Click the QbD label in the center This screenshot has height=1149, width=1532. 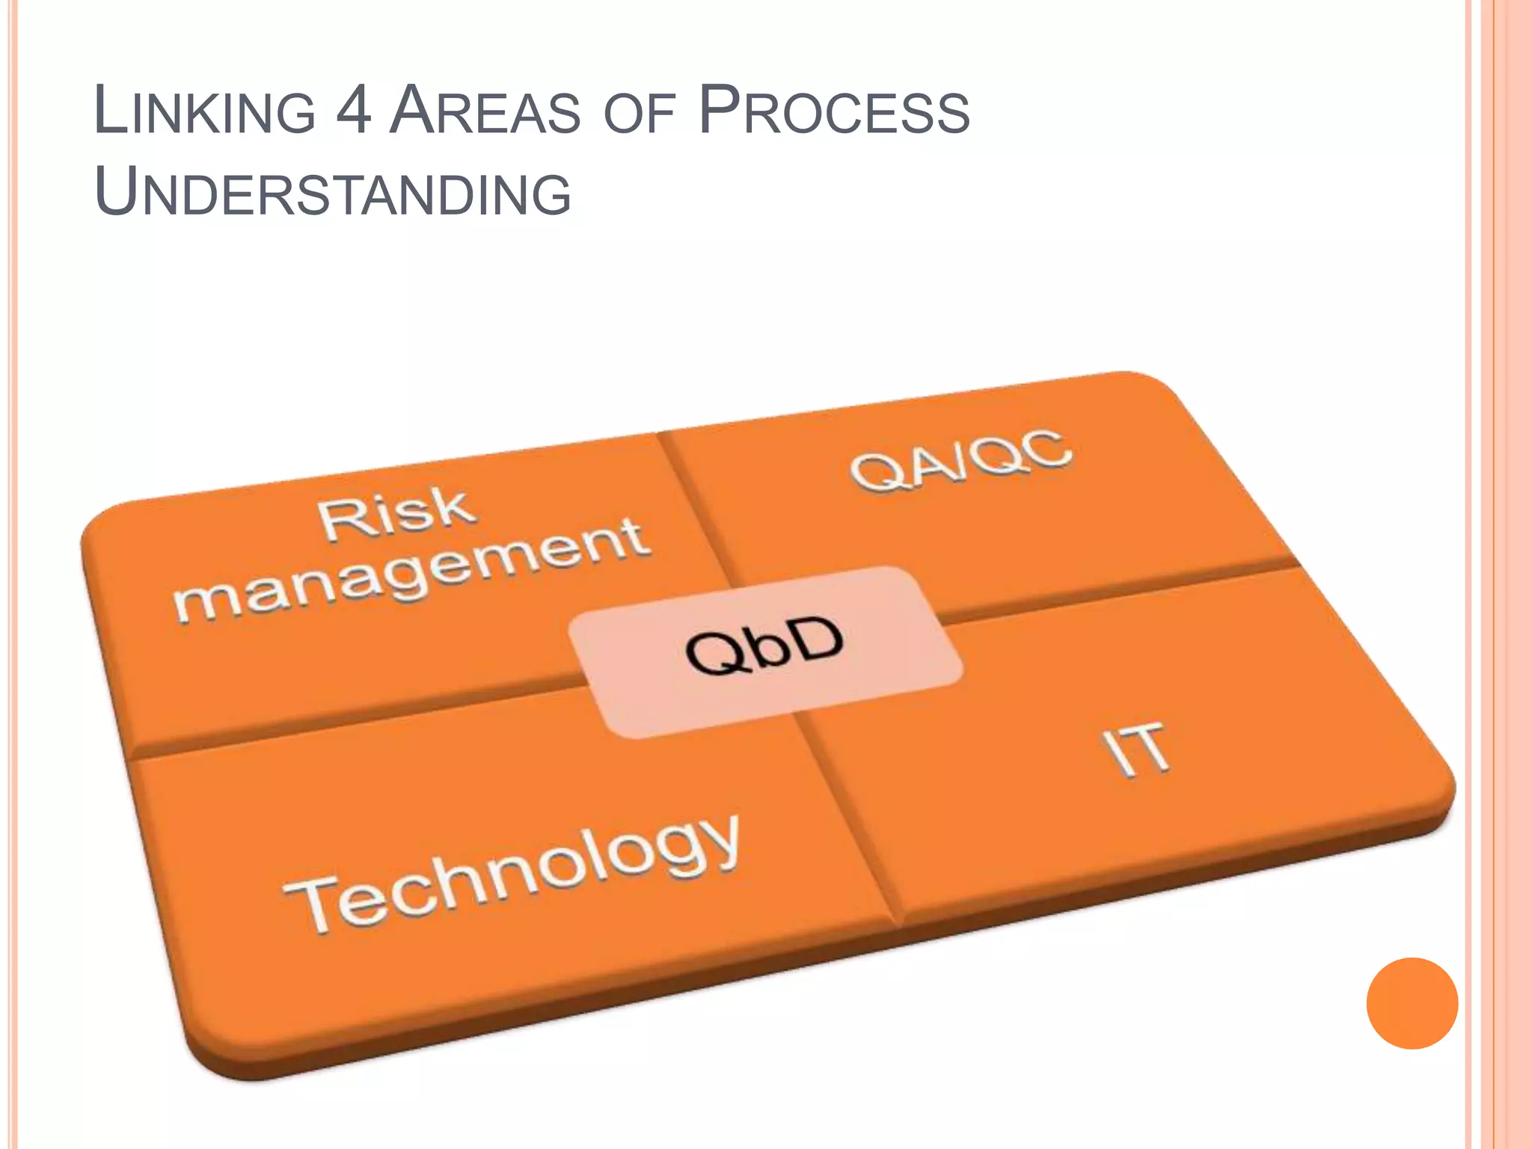(x=765, y=645)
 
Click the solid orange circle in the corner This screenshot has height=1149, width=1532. (x=1412, y=1003)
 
